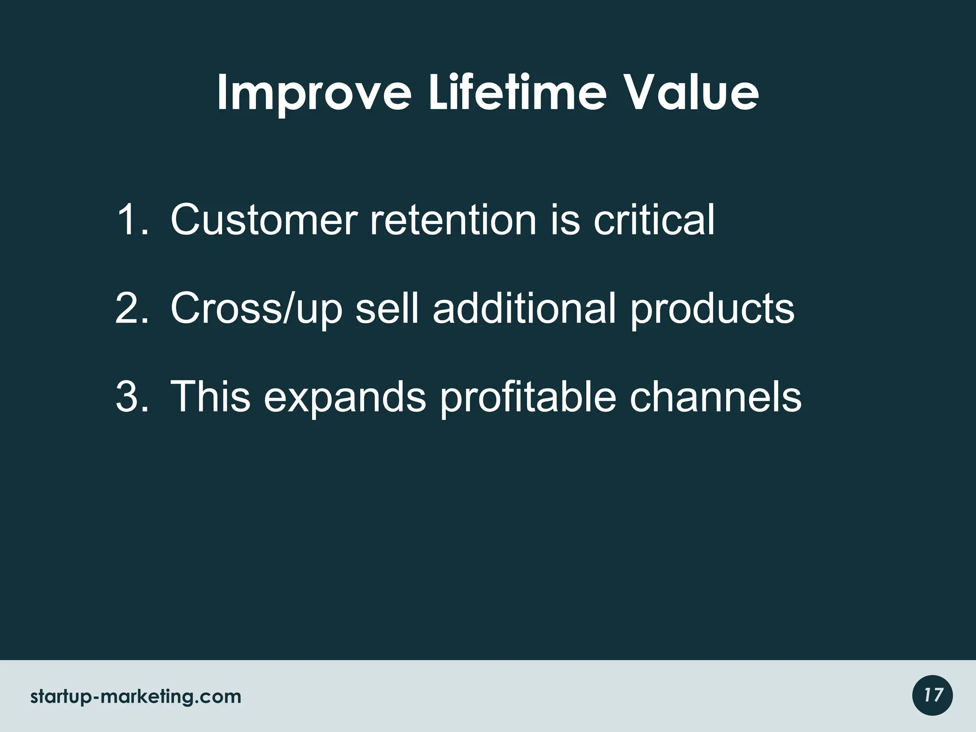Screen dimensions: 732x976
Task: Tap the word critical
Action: (654, 220)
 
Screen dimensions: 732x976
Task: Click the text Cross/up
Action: (256, 309)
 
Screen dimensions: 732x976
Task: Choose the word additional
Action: (525, 308)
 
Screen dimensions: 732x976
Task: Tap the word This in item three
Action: (210, 396)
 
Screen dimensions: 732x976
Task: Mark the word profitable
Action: (528, 396)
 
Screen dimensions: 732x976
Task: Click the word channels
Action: (715, 396)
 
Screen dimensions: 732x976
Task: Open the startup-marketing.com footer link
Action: (136, 697)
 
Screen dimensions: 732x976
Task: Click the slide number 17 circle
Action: (932, 695)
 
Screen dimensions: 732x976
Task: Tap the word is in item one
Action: (565, 220)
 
